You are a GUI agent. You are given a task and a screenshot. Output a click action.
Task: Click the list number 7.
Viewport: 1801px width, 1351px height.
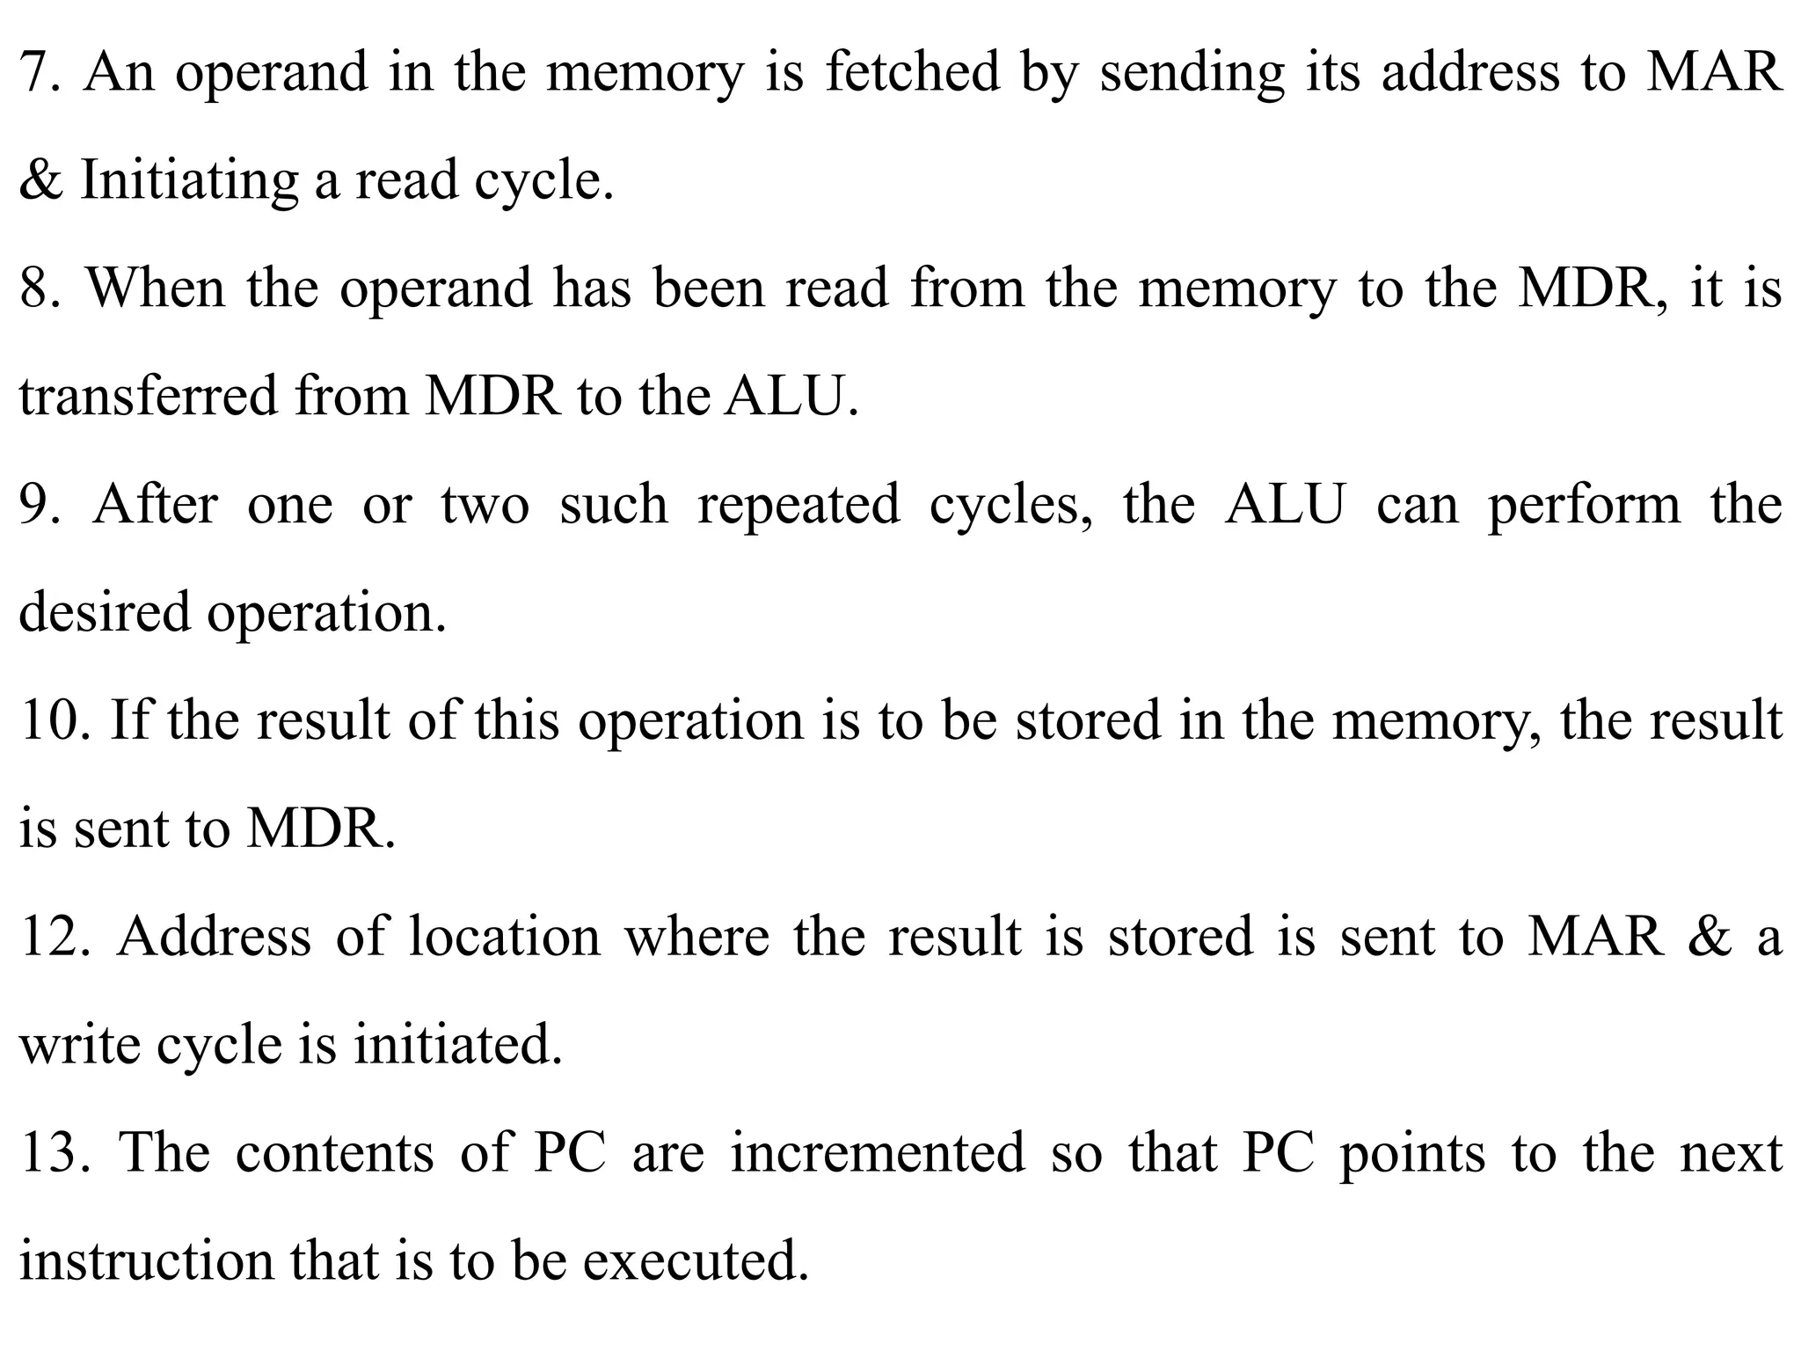coord(40,72)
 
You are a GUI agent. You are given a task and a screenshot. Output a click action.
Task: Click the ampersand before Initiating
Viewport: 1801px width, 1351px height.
coord(40,180)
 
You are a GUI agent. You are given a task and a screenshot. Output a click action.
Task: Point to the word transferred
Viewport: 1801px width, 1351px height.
coord(148,397)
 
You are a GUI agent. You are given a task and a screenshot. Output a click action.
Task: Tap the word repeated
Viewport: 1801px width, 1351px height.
coord(798,505)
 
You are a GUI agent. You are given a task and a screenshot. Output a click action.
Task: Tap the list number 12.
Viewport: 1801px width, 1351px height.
coord(55,937)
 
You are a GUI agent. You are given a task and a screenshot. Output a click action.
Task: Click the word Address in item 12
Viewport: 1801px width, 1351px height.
coord(215,937)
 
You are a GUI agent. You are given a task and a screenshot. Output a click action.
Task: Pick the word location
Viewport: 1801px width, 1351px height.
coord(505,937)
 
